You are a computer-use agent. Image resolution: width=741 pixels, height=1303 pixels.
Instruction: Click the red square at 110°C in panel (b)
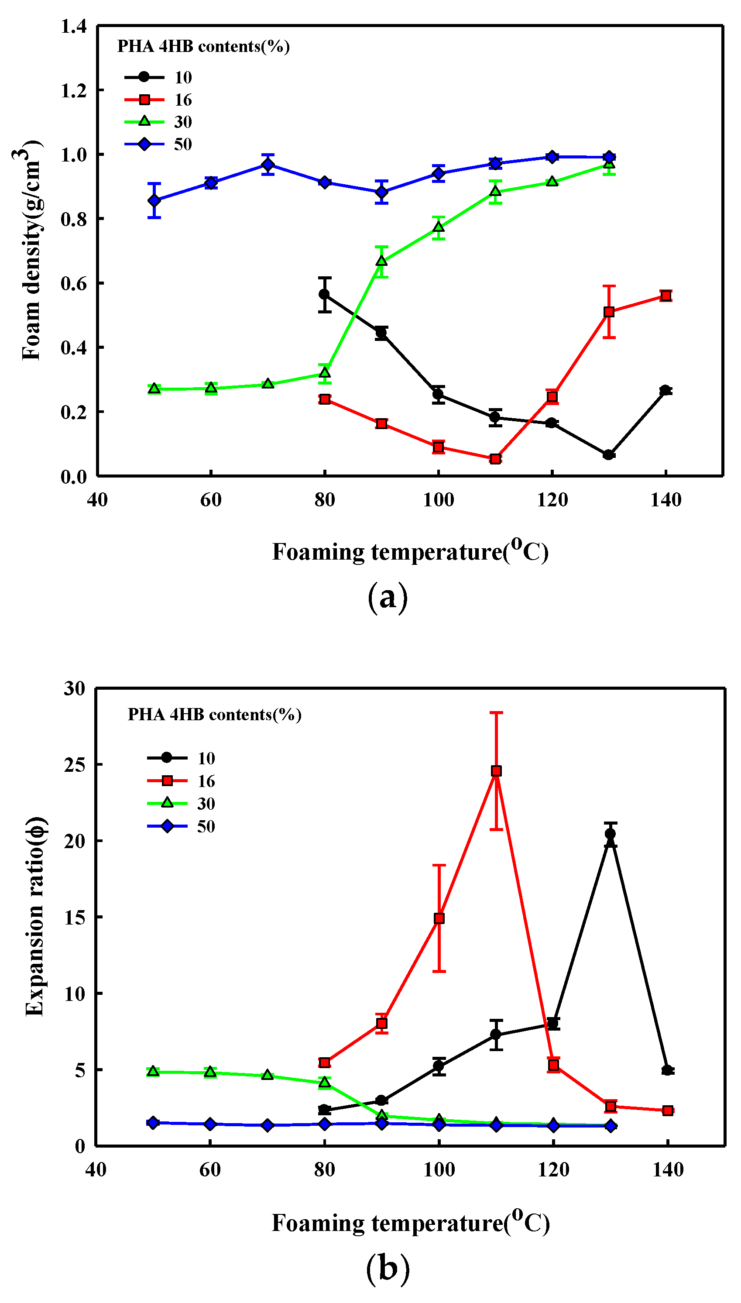(x=496, y=771)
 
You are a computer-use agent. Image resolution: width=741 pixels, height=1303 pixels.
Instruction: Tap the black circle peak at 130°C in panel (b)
(x=610, y=834)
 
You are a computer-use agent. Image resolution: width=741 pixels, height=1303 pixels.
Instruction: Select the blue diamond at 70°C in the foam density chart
(x=268, y=165)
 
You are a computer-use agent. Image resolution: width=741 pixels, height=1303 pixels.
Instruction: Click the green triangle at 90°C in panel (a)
(x=382, y=261)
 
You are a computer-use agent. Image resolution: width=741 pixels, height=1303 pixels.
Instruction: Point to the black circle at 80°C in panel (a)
(x=324, y=295)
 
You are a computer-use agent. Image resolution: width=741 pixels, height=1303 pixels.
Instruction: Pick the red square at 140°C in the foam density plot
(x=666, y=296)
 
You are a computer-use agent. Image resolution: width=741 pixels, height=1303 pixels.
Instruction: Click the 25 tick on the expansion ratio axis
(x=75, y=764)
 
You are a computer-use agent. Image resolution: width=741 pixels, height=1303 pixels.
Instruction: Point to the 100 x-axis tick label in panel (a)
(x=438, y=500)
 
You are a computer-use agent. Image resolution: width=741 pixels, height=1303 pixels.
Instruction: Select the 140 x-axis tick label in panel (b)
(x=668, y=1170)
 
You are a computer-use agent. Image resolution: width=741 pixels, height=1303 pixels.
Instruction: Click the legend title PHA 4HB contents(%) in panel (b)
(x=214, y=715)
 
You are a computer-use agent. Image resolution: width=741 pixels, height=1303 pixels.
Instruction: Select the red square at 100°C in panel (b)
(x=439, y=918)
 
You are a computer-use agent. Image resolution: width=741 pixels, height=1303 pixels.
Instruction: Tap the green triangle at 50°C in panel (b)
(x=153, y=1071)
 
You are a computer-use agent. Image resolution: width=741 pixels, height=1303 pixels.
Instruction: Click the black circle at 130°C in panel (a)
(x=608, y=454)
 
